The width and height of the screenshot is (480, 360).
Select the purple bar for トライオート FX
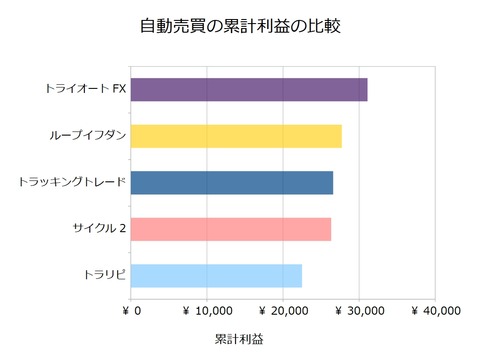click(249, 89)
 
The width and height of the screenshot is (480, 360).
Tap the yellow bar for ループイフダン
click(236, 136)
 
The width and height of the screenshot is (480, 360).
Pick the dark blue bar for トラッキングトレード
click(232, 183)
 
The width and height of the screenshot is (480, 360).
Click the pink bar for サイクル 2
click(231, 229)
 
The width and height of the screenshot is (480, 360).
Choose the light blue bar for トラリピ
click(216, 275)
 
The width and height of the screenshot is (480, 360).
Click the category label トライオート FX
click(85, 89)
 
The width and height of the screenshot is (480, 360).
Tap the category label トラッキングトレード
click(73, 183)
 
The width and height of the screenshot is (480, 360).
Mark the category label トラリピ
click(105, 275)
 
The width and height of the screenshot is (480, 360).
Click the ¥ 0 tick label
click(131, 311)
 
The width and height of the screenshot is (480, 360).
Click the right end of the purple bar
click(366, 89)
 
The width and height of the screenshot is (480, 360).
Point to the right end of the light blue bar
click(301, 275)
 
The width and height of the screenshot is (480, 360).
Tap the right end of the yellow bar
click(341, 136)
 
